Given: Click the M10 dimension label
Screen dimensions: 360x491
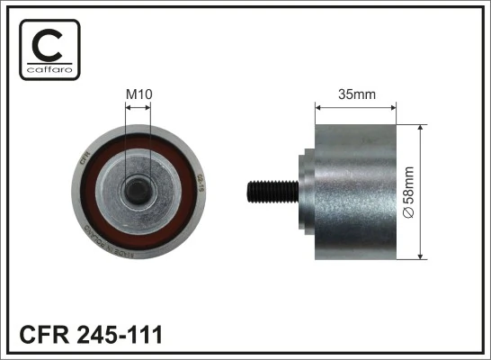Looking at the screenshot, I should coord(138,92).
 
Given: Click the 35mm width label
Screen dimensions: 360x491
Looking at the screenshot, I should coord(355,92).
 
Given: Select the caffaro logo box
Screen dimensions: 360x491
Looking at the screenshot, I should coord(49,50).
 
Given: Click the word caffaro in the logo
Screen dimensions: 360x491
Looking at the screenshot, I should coord(49,70).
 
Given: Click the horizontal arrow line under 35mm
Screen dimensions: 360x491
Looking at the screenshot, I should coord(355,107).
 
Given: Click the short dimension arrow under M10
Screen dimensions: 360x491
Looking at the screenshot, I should coord(138,107).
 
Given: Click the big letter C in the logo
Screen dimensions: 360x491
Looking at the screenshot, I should coord(49,44).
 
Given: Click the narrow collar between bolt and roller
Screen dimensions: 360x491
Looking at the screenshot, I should coord(300,191).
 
